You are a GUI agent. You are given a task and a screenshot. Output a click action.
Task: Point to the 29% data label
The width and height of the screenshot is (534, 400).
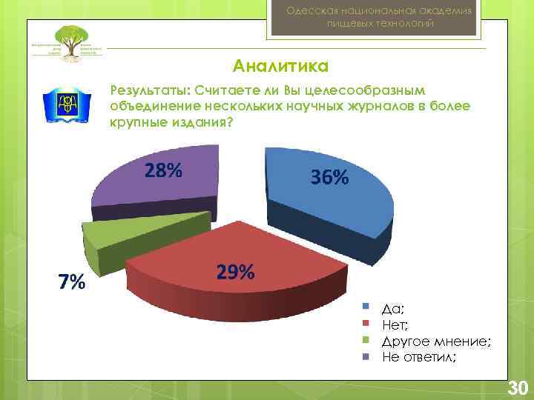click(x=236, y=273)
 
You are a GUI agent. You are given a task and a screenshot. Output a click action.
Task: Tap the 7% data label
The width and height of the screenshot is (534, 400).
click(x=72, y=282)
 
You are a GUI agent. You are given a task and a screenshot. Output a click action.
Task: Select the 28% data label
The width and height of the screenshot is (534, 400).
click(x=163, y=171)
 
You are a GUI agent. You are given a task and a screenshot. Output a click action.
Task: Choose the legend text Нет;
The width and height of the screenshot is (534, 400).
click(x=395, y=323)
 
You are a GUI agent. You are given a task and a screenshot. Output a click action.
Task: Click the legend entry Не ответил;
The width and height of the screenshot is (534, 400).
click(x=419, y=356)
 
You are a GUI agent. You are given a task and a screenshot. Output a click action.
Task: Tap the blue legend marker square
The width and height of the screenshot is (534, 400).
click(x=366, y=306)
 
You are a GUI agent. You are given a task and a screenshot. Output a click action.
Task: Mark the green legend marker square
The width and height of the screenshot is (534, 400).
click(x=366, y=340)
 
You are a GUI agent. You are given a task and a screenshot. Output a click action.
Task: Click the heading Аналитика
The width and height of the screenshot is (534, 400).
click(x=280, y=67)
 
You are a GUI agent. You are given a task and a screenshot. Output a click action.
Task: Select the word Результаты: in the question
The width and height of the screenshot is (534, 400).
click(x=148, y=90)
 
